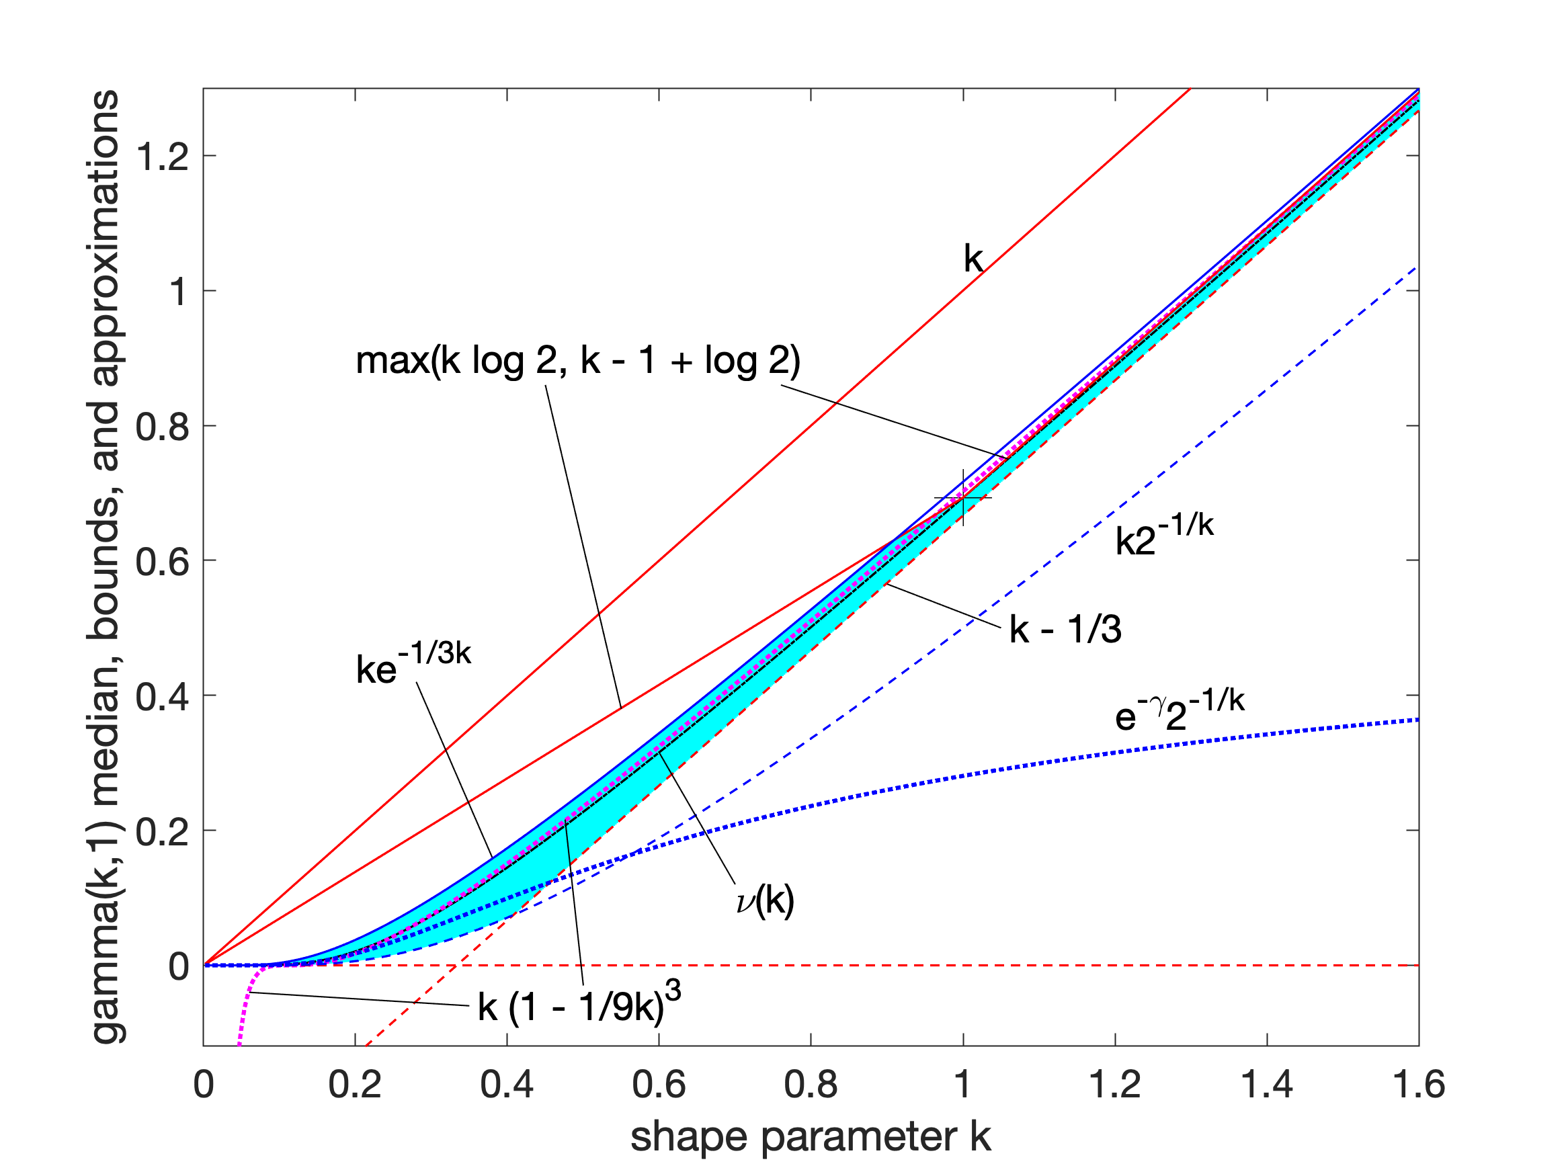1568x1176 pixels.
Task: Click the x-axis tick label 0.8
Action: pyautogui.click(x=811, y=1085)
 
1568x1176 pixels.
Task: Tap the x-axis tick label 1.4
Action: pyautogui.click(x=1266, y=1085)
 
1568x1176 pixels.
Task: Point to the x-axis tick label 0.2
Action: pyautogui.click(x=354, y=1085)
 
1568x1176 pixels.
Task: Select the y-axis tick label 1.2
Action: pyautogui.click(x=163, y=156)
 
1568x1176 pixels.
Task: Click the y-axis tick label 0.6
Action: pyautogui.click(x=163, y=561)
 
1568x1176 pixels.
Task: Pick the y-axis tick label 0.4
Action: pyautogui.click(x=163, y=696)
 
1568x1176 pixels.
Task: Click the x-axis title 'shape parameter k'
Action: pyautogui.click(x=811, y=1137)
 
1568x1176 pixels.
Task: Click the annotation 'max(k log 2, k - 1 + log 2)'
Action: pyautogui.click(x=578, y=361)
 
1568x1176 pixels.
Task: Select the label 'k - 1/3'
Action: pyautogui.click(x=1065, y=630)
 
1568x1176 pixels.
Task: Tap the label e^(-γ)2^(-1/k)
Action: pyautogui.click(x=1180, y=712)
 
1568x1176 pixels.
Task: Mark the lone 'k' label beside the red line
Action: pyautogui.click(x=973, y=259)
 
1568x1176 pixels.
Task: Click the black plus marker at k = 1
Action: pyautogui.click(x=962, y=498)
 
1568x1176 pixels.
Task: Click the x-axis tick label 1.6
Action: pyautogui.click(x=1418, y=1085)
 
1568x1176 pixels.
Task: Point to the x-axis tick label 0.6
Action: pyautogui.click(x=659, y=1085)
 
